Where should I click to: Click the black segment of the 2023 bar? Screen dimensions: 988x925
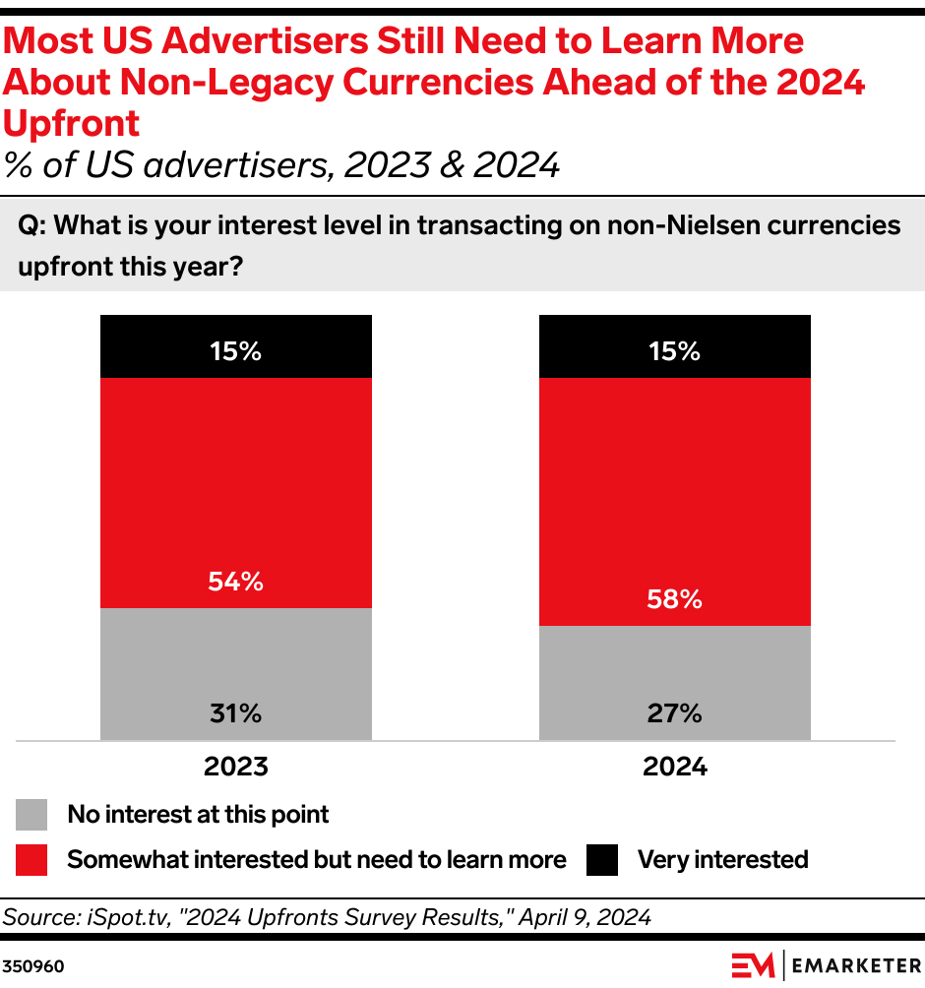point(236,346)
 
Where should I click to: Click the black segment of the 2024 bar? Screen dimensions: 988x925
point(674,346)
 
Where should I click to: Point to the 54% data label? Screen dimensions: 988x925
point(236,582)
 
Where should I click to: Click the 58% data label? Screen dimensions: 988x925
point(674,599)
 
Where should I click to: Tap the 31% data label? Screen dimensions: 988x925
point(236,713)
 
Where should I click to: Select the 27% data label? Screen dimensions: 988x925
point(674,713)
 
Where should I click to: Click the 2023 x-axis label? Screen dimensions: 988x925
point(236,767)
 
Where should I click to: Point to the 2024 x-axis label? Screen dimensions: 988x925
point(674,767)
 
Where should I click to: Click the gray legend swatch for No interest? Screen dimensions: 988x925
point(32,815)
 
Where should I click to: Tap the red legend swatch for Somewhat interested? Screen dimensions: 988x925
point(32,860)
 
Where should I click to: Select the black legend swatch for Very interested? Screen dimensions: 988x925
point(602,860)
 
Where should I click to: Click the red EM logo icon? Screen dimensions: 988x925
point(753,965)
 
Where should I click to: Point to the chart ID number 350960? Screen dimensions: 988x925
point(33,966)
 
